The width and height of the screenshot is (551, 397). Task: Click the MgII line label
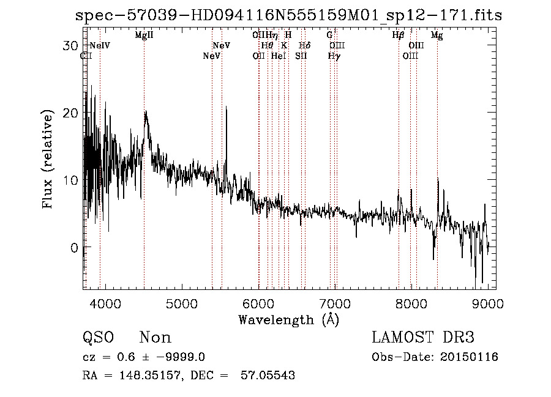144,35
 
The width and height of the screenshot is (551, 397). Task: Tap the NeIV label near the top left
100,45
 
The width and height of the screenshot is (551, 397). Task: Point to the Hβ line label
398,35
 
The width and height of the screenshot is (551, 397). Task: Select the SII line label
301,56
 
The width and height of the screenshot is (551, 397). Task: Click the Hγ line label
334,56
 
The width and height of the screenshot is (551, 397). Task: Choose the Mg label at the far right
437,35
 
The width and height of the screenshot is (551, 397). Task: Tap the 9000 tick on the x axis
488,304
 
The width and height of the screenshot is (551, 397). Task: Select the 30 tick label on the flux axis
71,46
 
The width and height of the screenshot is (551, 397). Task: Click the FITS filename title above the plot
288,15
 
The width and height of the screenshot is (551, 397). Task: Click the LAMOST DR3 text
423,338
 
